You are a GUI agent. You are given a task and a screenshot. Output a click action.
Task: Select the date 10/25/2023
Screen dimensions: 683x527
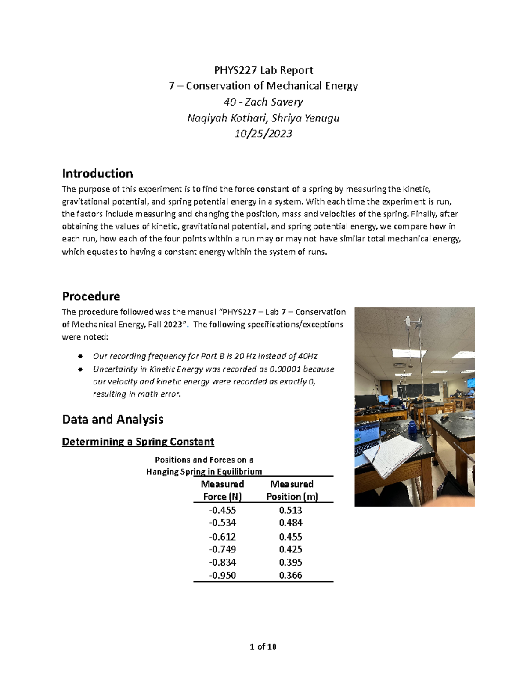click(x=263, y=134)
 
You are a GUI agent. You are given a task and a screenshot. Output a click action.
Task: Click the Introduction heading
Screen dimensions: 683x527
click(x=97, y=173)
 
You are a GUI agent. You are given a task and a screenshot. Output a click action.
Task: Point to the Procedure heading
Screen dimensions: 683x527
click(x=91, y=296)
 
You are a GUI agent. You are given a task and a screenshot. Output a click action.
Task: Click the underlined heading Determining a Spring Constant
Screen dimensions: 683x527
click(x=138, y=442)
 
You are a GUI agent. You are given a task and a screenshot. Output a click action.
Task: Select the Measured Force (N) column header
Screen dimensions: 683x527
click(x=222, y=490)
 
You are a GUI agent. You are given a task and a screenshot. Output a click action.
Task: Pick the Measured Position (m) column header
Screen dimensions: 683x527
click(x=292, y=490)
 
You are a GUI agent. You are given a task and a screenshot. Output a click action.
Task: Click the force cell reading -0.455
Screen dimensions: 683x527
click(x=222, y=510)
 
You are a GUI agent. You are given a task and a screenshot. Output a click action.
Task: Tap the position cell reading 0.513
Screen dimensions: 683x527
click(x=291, y=510)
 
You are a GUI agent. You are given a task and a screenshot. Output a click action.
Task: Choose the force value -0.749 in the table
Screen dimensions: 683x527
click(x=222, y=549)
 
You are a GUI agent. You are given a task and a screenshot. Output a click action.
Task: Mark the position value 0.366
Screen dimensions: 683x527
click(x=291, y=575)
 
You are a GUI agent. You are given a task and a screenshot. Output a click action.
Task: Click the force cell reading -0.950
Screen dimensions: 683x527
click(x=222, y=575)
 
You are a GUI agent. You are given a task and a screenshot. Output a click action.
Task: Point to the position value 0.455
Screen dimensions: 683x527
click(x=291, y=537)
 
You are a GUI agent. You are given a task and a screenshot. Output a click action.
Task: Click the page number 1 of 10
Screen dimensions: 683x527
click(x=263, y=646)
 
